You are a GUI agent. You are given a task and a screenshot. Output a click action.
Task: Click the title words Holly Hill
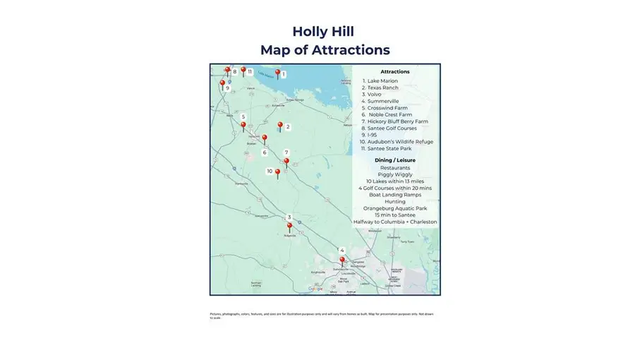[x=324, y=32]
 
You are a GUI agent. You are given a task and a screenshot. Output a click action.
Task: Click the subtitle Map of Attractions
[x=324, y=50]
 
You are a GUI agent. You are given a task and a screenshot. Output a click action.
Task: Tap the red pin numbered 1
[x=278, y=72]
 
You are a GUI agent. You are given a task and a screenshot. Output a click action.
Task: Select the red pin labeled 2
[x=280, y=126]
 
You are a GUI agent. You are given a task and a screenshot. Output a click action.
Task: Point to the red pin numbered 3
[x=289, y=227]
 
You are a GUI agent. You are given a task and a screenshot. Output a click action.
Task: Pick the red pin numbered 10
[x=277, y=172]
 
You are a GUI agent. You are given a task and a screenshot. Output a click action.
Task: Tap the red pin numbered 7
[x=286, y=162]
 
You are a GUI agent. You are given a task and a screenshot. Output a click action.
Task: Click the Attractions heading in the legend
[x=394, y=72]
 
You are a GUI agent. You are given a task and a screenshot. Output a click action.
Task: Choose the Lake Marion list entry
[x=382, y=81]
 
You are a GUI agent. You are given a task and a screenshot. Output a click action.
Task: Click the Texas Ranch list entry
[x=383, y=88]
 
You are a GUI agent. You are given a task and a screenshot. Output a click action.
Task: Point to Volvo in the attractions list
[x=376, y=95]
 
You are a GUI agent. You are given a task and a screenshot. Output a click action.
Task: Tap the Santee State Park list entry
[x=390, y=148]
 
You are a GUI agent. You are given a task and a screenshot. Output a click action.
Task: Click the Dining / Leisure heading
[x=394, y=160]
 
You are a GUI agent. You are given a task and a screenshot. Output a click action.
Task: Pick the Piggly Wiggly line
[x=394, y=174]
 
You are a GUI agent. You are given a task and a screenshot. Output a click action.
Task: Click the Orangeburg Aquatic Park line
[x=394, y=208]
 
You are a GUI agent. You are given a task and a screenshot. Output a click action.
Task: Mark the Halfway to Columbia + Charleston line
[x=394, y=222]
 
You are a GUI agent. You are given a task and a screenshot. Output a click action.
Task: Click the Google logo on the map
[x=315, y=289]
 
